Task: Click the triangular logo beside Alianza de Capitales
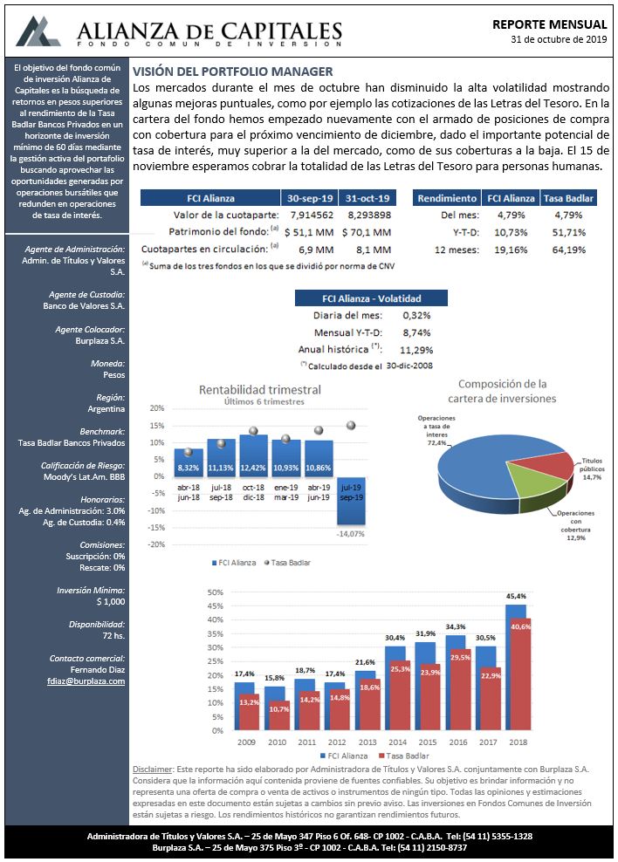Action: tap(38, 31)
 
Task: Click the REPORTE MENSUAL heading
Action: tap(549, 24)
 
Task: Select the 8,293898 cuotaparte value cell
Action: tap(369, 215)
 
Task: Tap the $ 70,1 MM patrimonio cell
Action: tap(367, 233)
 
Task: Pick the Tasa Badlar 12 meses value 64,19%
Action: tap(569, 250)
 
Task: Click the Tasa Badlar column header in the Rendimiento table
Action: tap(568, 198)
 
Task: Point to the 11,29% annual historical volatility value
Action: tap(416, 350)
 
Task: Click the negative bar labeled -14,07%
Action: tap(351, 501)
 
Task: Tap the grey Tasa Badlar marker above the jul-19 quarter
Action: tap(351, 425)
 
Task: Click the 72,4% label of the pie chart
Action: tap(436, 442)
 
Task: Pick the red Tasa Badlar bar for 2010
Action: tap(279, 715)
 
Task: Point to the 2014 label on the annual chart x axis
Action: tap(397, 742)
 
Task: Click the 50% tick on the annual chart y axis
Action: tap(215, 592)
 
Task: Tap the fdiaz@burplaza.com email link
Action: tap(86, 681)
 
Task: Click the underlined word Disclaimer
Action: tap(152, 770)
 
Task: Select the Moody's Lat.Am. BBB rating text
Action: tap(84, 476)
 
